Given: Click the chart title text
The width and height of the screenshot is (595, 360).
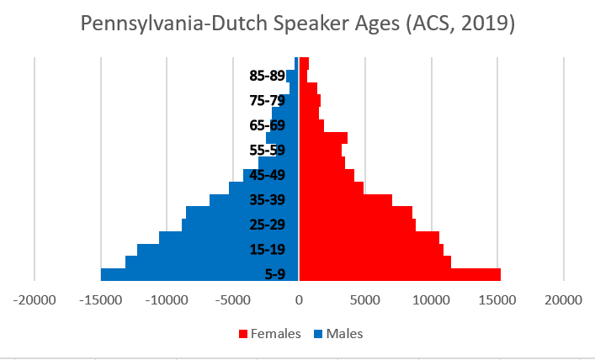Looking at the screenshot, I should (297, 24).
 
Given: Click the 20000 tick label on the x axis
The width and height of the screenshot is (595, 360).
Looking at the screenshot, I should (563, 299).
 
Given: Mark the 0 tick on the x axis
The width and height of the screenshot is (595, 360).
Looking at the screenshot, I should (299, 299).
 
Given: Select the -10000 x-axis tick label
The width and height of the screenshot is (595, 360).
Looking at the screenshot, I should (166, 299).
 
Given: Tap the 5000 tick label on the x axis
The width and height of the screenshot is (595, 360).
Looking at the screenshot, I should (364, 299).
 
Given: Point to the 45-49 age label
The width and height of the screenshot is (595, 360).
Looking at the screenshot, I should (268, 176).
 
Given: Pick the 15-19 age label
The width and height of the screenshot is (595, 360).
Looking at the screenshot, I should (268, 250).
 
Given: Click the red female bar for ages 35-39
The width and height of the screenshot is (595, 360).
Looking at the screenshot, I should (346, 200).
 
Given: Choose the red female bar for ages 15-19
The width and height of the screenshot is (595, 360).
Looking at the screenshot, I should (371, 250).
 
